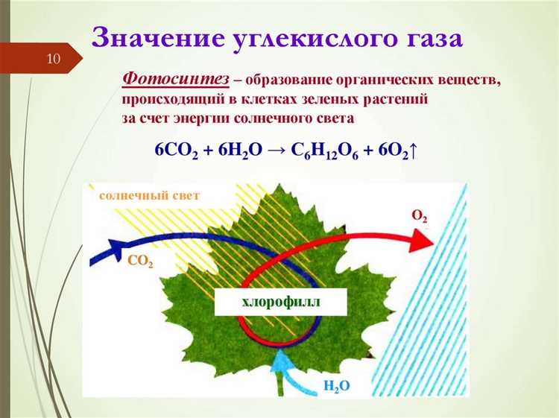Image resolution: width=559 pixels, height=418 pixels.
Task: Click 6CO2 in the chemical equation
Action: click(x=177, y=150)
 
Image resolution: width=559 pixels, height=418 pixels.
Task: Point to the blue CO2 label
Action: click(x=140, y=262)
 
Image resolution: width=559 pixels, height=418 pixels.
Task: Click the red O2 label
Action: click(x=420, y=216)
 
